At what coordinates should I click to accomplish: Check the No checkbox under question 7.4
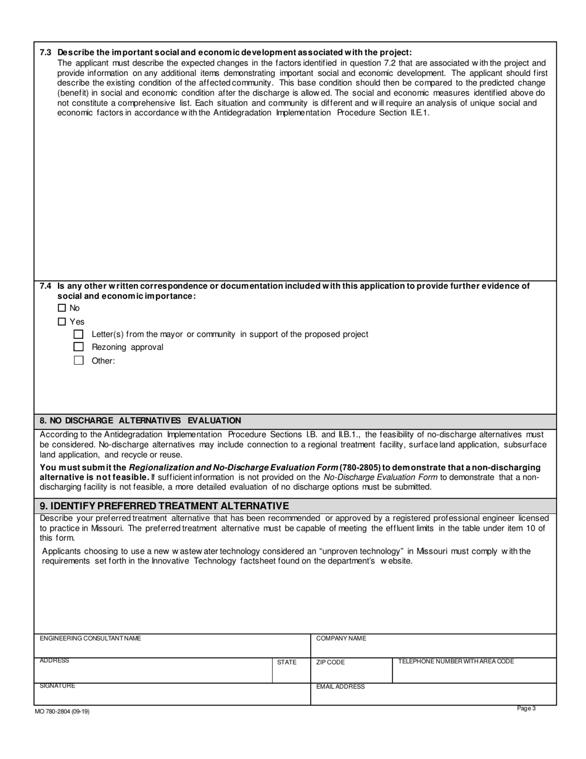(62, 308)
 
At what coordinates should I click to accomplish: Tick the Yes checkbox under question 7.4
(62, 321)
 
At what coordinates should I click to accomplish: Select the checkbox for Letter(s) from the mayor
(78, 334)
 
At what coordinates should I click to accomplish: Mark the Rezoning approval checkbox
(78, 347)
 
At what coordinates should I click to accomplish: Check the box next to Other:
(78, 360)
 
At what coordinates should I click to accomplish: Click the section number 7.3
(46, 52)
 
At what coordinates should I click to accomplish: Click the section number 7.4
(46, 286)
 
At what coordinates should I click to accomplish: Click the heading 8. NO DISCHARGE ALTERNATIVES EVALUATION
(141, 420)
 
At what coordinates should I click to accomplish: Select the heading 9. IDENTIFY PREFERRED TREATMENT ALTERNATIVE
(164, 505)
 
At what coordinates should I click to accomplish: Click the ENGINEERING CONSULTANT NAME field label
(90, 638)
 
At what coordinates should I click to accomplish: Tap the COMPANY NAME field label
(341, 639)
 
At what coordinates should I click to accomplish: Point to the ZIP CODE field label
(331, 662)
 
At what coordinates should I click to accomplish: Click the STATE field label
(287, 662)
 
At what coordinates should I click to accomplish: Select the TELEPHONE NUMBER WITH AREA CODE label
(456, 661)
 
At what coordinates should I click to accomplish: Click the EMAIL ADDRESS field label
(340, 686)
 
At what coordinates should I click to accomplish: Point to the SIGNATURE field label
(57, 686)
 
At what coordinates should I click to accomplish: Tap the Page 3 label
(526, 708)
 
